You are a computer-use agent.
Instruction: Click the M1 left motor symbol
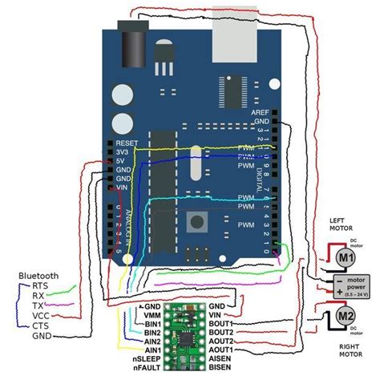coord(345,257)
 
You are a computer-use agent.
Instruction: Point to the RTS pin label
coord(38,285)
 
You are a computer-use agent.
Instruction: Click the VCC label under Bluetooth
coord(40,316)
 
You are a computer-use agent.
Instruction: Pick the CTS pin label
coord(40,326)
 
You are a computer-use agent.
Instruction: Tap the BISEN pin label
coord(222,370)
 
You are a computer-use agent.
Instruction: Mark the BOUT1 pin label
coord(222,323)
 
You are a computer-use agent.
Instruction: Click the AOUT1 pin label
coord(222,350)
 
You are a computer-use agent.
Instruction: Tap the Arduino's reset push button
coord(195,220)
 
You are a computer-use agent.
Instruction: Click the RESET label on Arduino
coord(116,139)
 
